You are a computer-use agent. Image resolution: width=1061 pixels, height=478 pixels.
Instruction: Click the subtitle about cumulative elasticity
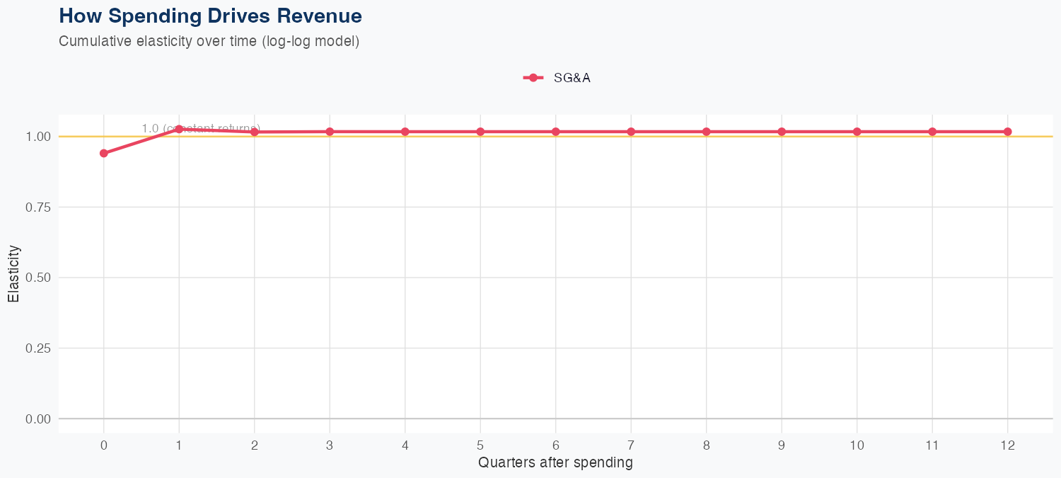coord(209,41)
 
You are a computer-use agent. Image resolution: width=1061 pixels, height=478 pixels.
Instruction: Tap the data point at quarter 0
coord(104,153)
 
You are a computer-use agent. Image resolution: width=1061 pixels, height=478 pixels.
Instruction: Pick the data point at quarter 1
coord(179,129)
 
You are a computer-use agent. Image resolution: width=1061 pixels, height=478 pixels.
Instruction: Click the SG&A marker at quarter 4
coord(405,132)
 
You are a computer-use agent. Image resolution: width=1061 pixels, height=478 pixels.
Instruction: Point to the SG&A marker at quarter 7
coord(631,132)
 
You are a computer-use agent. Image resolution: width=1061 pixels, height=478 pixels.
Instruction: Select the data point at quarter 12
coord(1007,132)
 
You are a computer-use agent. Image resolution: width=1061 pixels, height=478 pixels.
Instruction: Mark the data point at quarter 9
coord(782,132)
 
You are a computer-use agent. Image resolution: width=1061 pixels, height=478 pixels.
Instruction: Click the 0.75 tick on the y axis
coord(38,207)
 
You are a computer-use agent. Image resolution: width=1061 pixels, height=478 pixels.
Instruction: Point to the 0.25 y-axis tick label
coord(38,348)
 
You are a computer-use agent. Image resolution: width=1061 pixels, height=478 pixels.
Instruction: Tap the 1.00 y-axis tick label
coord(38,137)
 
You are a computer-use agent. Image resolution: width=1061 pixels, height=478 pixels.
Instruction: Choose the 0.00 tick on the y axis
coord(38,419)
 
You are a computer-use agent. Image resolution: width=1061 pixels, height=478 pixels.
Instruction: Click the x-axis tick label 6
coord(556,445)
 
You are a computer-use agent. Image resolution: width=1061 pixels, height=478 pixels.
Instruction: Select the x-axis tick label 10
coord(857,445)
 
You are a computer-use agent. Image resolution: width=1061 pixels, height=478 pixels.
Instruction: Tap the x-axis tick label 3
coord(330,445)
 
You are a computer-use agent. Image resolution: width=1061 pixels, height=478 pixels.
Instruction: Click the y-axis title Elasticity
coord(13,273)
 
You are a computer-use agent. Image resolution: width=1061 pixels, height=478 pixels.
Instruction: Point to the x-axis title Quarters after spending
coord(555,463)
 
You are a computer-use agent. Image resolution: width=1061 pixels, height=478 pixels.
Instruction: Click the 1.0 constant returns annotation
coord(201,128)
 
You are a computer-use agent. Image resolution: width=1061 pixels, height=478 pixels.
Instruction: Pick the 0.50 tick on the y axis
coord(38,278)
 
